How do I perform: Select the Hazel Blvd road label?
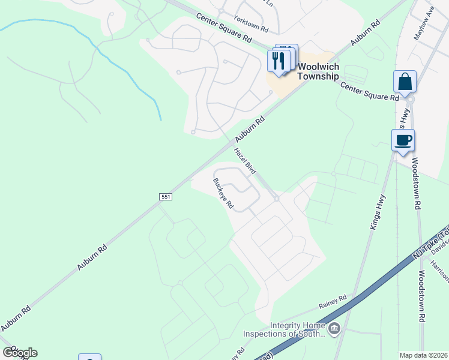pos(245,161)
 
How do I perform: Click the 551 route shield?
pos(166,197)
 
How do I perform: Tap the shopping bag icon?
pos(405,82)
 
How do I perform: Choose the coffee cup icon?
pos(403,140)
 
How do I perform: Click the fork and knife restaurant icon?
pos(279,61)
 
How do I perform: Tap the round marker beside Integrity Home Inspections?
pos(334,328)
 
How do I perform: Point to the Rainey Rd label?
pos(333,301)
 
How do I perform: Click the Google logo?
pos(20,353)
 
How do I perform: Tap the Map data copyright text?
pos(424,355)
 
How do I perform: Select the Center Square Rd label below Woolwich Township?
pos(369,91)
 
